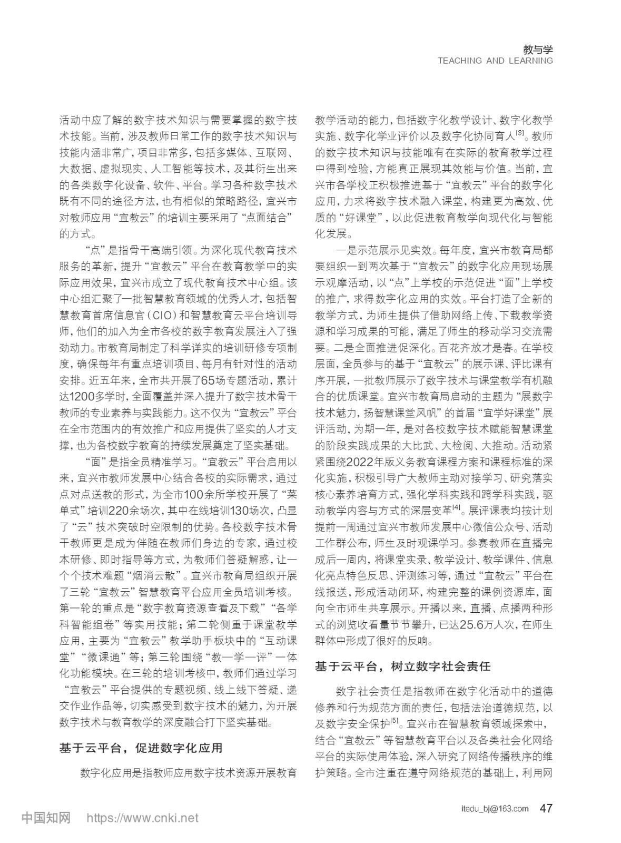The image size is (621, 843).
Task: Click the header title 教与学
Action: [x=537, y=50]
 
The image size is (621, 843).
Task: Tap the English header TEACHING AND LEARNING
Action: [x=495, y=61]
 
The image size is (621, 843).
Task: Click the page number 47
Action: [x=546, y=808]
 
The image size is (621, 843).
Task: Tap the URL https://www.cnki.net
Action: [x=142, y=818]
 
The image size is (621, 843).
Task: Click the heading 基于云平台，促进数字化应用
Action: [x=141, y=748]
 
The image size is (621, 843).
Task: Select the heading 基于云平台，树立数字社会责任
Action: [x=403, y=666]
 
